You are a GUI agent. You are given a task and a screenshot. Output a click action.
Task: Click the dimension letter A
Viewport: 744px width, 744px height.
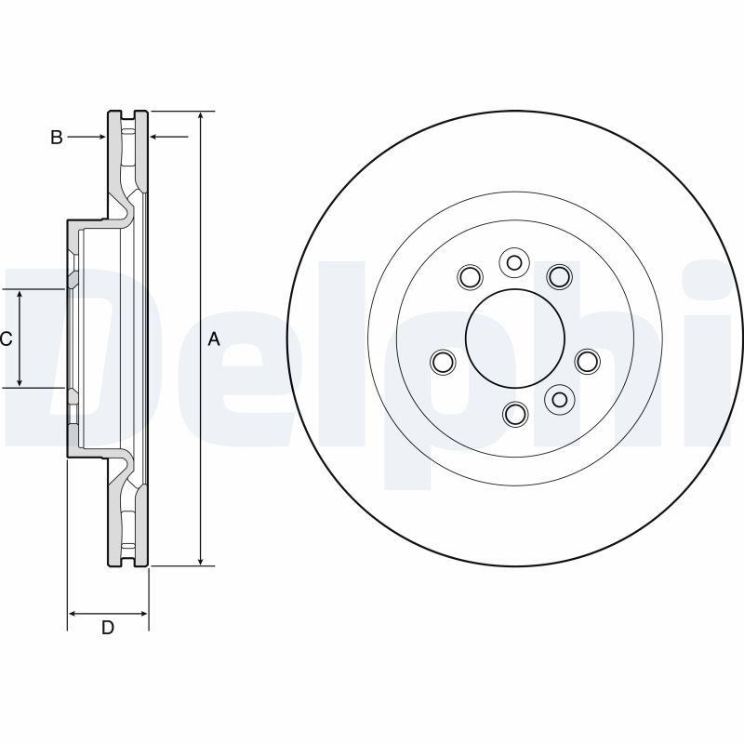pos(213,340)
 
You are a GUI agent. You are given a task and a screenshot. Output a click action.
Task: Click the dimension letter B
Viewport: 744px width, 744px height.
pos(57,138)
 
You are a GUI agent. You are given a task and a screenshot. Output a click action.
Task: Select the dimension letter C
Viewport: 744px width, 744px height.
pos(6,339)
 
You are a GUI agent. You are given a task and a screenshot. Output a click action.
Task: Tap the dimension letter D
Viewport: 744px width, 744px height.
pos(108,629)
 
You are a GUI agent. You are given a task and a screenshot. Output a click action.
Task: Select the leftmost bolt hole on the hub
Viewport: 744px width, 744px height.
pos(444,361)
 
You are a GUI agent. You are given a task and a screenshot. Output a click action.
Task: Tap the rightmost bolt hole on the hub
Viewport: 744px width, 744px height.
pos(586,361)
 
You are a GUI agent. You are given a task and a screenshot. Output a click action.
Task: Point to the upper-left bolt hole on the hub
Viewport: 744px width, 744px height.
pos(470,276)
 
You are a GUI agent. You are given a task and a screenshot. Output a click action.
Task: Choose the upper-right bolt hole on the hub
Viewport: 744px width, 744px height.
pos(558,276)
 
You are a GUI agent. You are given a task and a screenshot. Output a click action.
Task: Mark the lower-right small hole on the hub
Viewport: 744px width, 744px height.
pos(559,399)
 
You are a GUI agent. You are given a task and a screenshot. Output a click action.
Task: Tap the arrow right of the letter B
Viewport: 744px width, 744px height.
pos(100,138)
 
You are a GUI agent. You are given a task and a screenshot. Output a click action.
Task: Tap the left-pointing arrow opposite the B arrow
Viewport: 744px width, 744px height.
pos(155,138)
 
